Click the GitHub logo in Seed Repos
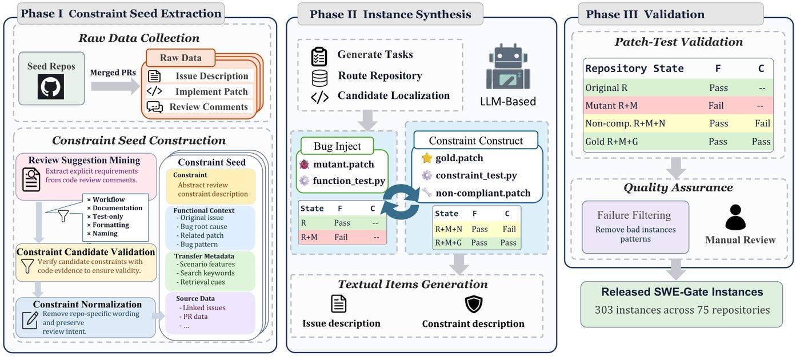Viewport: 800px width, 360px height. [51, 86]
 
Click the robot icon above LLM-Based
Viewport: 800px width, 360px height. [507, 67]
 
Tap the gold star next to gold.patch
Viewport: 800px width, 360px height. [427, 158]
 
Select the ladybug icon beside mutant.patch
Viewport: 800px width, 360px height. [304, 165]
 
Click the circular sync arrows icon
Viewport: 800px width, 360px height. [401, 202]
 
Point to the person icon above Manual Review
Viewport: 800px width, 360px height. [735, 217]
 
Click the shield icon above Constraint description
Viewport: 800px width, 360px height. [474, 304]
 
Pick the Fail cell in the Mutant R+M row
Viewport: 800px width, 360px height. [716, 106]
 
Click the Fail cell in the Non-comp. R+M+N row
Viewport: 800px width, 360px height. [762, 123]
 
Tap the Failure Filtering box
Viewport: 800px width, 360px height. [635, 227]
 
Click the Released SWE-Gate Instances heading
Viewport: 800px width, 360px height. [682, 292]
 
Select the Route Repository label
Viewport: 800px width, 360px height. [380, 75]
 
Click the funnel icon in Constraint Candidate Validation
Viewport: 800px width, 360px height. [27, 266]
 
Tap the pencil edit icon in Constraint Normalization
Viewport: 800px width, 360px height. [30, 320]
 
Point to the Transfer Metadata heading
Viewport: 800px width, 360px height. [204, 256]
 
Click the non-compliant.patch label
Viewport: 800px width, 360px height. [483, 193]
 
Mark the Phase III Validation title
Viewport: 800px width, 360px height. [645, 14]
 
